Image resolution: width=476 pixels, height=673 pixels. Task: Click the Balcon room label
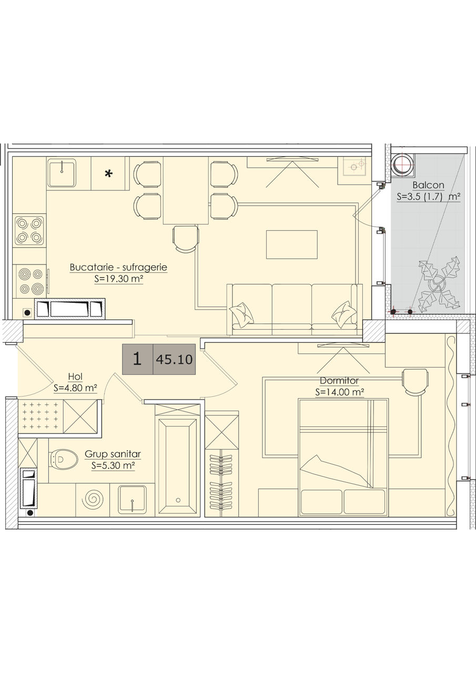428,185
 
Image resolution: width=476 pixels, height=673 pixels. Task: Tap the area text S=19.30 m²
119,279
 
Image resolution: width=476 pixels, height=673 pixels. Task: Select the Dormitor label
339,381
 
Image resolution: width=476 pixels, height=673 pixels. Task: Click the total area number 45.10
174,359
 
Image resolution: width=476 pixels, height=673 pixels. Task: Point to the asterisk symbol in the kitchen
108,174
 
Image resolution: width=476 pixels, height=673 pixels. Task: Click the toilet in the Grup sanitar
64,460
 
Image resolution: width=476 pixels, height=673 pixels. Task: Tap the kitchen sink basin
62,173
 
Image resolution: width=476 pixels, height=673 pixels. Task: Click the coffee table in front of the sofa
291,244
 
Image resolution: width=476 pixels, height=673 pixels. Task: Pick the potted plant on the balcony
439,283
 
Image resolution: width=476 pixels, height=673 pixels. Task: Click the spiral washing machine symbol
93,499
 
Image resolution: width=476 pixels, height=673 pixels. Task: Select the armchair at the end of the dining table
186,239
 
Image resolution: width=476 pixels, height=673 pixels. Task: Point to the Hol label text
75,376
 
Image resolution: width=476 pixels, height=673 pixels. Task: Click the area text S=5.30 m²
113,465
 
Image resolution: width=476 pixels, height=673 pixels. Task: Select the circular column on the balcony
403,164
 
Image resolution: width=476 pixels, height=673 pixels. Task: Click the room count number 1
137,359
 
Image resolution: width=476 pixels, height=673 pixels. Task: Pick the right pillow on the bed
364,502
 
